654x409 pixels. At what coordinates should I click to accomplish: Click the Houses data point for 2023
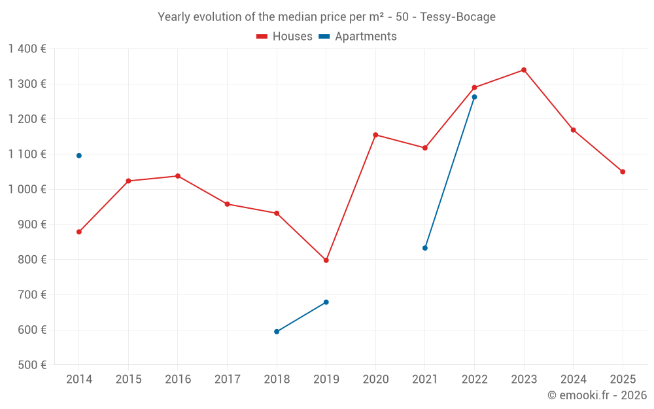[x=524, y=70]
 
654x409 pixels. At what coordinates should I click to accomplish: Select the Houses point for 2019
[x=326, y=260]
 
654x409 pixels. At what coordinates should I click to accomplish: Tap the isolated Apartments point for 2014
[x=79, y=156]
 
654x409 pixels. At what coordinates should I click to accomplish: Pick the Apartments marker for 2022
[x=474, y=98]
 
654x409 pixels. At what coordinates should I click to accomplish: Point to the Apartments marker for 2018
[x=277, y=332]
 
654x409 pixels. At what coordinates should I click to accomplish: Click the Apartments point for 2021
[x=425, y=248]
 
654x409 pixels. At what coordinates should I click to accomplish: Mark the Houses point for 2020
[x=375, y=135]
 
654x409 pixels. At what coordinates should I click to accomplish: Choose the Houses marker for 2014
[x=79, y=232]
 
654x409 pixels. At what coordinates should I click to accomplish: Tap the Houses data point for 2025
[x=623, y=172]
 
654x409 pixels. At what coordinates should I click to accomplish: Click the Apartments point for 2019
[x=326, y=302]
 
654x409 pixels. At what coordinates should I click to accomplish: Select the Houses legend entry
[x=284, y=36]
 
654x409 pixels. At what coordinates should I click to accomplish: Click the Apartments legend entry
[x=358, y=36]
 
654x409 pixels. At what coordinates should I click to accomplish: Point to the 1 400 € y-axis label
[x=27, y=49]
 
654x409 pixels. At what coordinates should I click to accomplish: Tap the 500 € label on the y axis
[x=32, y=365]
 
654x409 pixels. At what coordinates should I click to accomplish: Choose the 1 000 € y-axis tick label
[x=27, y=190]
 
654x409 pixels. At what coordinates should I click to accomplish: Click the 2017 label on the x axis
[x=228, y=380]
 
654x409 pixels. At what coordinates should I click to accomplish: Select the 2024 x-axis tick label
[x=573, y=380]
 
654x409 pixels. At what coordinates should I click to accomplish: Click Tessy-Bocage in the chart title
[x=458, y=17]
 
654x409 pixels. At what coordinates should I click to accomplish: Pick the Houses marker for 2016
[x=178, y=176]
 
